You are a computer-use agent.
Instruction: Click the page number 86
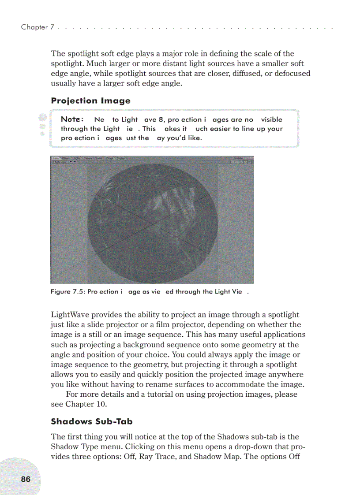(x=26, y=479)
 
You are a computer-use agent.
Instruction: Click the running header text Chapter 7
(x=37, y=27)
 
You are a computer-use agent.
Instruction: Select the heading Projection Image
(x=90, y=100)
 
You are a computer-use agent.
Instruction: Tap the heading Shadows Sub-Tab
(x=91, y=421)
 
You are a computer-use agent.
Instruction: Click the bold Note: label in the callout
(x=72, y=119)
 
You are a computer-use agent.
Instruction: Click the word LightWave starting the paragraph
(x=70, y=315)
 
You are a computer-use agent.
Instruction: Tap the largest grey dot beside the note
(x=42, y=117)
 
